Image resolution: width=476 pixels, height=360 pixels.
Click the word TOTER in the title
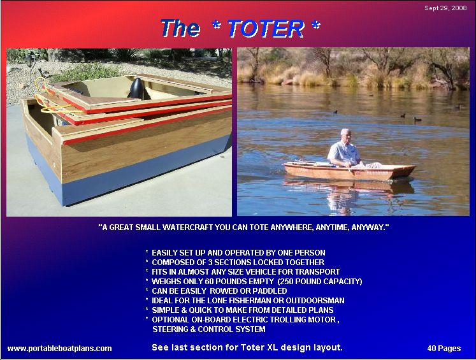265,28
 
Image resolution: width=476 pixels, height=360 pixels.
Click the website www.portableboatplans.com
59,348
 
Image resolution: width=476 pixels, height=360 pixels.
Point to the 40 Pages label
444,348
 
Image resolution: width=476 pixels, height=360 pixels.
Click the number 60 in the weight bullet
212,281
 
